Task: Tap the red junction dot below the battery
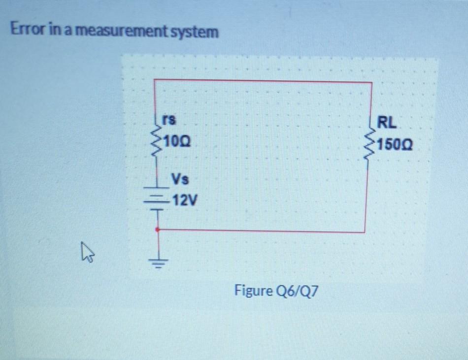click(x=157, y=229)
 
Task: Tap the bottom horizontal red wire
click(x=261, y=230)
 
